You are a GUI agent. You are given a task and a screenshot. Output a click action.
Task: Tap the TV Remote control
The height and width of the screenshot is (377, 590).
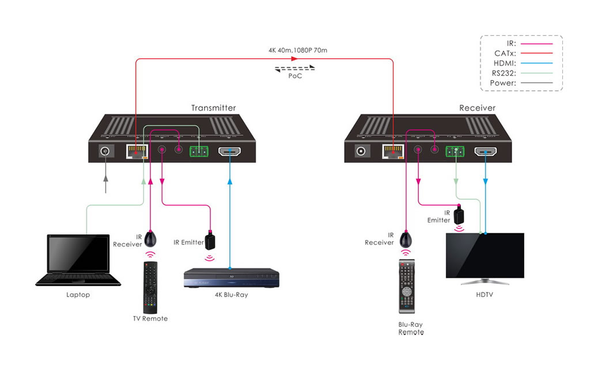click(x=150, y=287)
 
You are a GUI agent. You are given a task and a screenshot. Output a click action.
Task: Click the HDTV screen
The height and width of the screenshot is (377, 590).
click(x=485, y=256)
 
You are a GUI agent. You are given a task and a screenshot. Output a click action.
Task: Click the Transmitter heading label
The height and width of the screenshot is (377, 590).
click(x=213, y=108)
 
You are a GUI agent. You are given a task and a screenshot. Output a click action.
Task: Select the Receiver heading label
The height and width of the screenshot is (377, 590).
click(x=477, y=108)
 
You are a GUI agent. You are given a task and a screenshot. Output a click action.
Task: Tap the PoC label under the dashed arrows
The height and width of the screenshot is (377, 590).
click(x=295, y=76)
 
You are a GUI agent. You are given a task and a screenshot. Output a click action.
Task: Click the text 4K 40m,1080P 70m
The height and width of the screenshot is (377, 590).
click(x=297, y=51)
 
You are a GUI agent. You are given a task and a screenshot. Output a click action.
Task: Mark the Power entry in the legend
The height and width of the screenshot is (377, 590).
click(x=503, y=83)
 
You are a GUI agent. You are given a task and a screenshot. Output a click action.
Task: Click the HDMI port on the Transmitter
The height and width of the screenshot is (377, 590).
click(x=230, y=152)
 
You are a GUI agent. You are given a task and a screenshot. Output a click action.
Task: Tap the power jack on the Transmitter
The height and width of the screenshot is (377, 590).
click(x=105, y=151)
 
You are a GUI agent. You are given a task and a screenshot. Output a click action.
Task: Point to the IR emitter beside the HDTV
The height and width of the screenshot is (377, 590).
click(x=459, y=215)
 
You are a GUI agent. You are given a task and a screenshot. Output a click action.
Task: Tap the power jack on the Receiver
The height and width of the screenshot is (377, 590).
click(x=362, y=151)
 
